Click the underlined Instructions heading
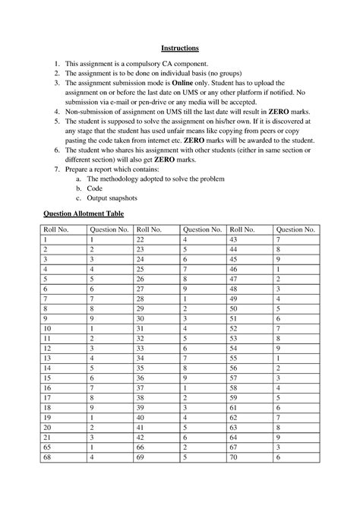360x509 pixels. point(179,47)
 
